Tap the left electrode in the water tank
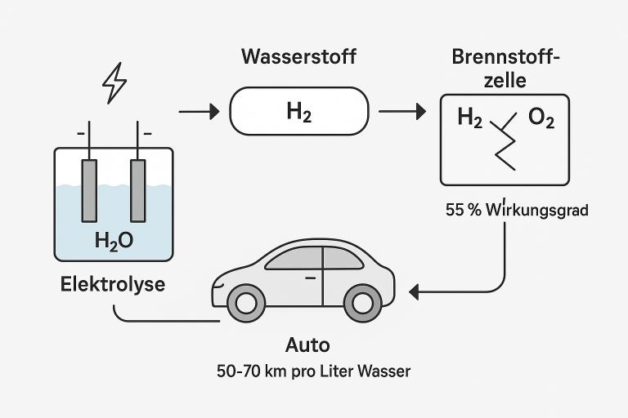click(x=89, y=189)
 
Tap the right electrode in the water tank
click(x=138, y=189)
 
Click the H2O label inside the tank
click(x=114, y=241)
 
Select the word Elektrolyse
click(x=113, y=285)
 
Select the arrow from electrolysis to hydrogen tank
click(x=199, y=111)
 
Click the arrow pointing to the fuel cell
click(x=401, y=111)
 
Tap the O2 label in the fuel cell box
click(x=541, y=119)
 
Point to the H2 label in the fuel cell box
click(x=469, y=119)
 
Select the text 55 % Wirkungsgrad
click(x=517, y=210)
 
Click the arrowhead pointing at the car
click(x=414, y=290)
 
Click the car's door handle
click(x=309, y=278)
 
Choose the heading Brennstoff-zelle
click(x=505, y=69)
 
